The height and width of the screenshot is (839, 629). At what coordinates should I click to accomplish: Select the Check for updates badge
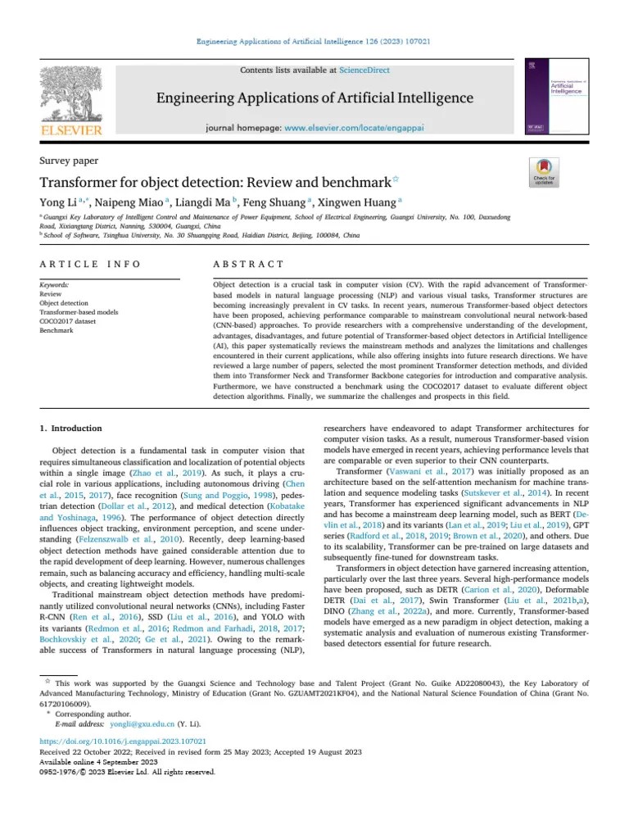point(544,170)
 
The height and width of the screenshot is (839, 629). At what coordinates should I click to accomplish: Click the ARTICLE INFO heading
point(90,264)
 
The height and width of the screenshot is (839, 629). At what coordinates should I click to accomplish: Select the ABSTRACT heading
point(248,264)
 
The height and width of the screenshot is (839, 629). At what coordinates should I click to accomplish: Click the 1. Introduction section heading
point(71,429)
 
